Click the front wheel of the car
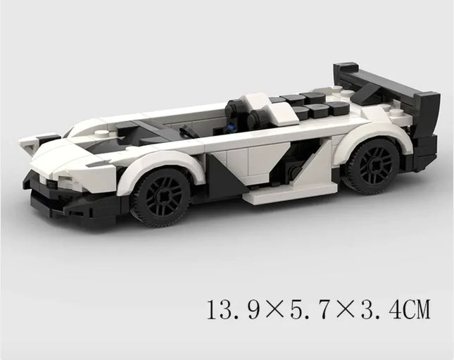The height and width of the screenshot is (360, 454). tap(160, 195)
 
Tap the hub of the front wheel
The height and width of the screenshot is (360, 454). tap(160, 196)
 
